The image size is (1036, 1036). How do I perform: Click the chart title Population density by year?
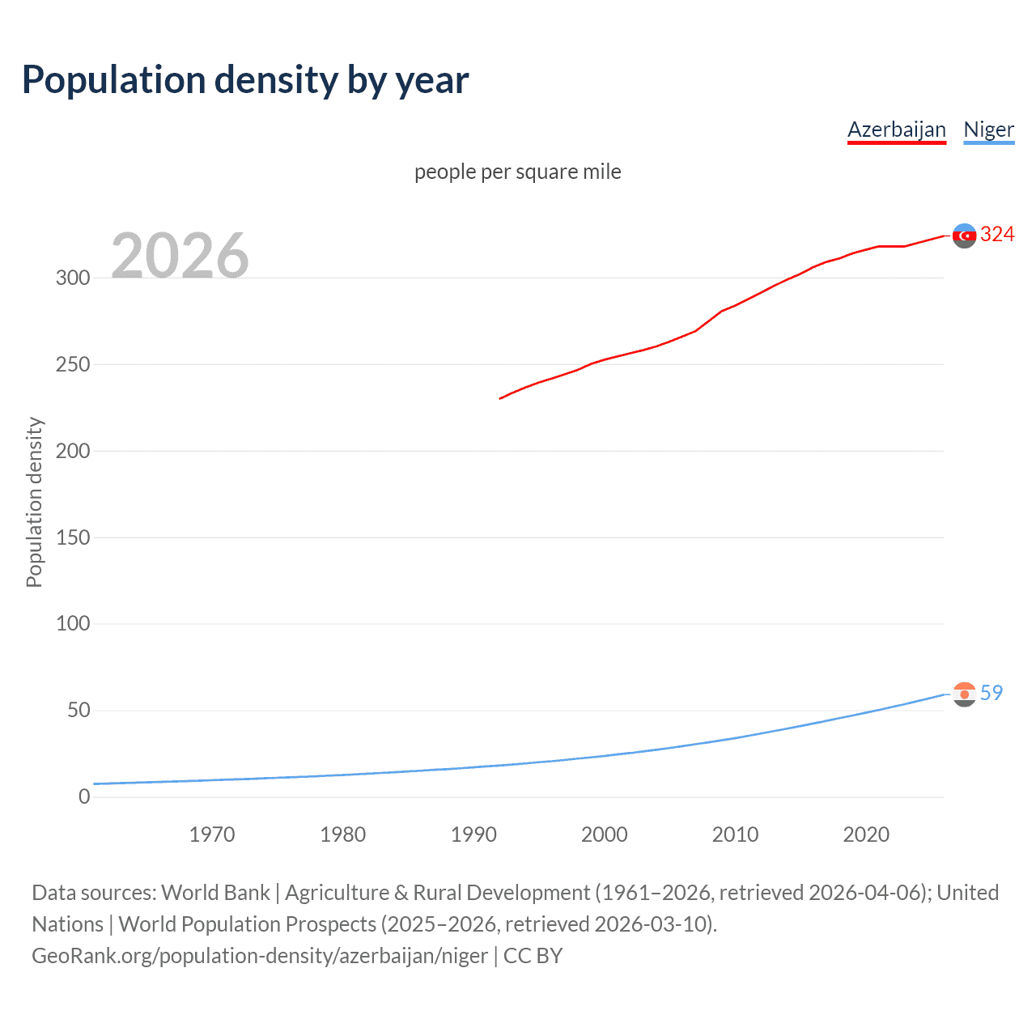pyautogui.click(x=245, y=80)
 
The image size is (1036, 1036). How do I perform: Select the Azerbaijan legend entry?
pyautogui.click(x=896, y=129)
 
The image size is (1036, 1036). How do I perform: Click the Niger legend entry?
pyautogui.click(x=988, y=129)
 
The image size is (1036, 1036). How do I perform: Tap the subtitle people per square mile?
pyautogui.click(x=517, y=172)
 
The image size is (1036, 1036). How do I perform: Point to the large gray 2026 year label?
pyautogui.click(x=180, y=256)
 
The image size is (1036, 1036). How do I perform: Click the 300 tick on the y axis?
pyautogui.click(x=73, y=278)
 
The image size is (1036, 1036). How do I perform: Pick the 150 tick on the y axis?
pyautogui.click(x=73, y=537)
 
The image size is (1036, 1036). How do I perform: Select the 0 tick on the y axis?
pyautogui.click(x=84, y=796)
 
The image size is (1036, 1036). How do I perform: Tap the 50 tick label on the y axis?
pyautogui.click(x=79, y=710)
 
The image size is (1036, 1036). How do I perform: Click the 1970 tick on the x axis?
pyautogui.click(x=212, y=834)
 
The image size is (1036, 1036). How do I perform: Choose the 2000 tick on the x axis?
pyautogui.click(x=605, y=834)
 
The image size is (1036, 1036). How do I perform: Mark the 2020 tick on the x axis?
pyautogui.click(x=866, y=834)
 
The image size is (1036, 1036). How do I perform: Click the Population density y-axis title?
pyautogui.click(x=34, y=502)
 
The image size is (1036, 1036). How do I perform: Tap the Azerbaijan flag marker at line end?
pyautogui.click(x=964, y=236)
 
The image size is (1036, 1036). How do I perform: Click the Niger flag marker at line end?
pyautogui.click(x=964, y=694)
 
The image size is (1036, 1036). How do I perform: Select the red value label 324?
pyautogui.click(x=997, y=235)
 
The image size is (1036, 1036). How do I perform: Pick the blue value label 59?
pyautogui.click(x=991, y=693)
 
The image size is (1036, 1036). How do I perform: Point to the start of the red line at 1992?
pyautogui.click(x=501, y=398)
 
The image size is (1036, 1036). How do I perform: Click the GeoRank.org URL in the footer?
pyautogui.click(x=260, y=956)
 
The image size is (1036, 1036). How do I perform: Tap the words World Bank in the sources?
pyautogui.click(x=215, y=893)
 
